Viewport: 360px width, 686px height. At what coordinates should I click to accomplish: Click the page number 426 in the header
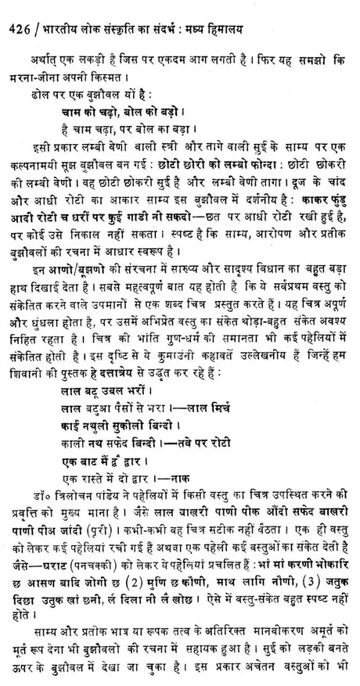tap(16, 11)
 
